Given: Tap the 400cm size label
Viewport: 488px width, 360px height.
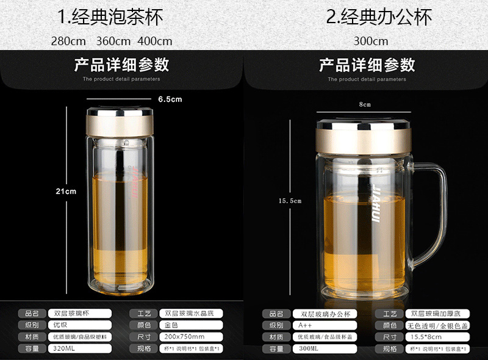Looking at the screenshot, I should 155,41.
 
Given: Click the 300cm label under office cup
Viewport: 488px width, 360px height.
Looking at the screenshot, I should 370,41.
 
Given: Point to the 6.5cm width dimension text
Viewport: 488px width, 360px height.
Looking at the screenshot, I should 170,99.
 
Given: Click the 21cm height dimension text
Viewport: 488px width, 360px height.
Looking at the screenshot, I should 66,191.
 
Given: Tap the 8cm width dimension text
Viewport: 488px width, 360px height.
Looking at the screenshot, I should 364,104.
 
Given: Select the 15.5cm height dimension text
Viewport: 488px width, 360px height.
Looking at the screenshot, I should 290,200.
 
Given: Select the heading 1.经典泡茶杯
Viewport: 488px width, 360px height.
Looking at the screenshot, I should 110,16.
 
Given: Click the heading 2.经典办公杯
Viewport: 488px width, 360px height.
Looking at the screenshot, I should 378,16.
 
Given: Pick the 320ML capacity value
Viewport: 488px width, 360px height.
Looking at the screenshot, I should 63,348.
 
